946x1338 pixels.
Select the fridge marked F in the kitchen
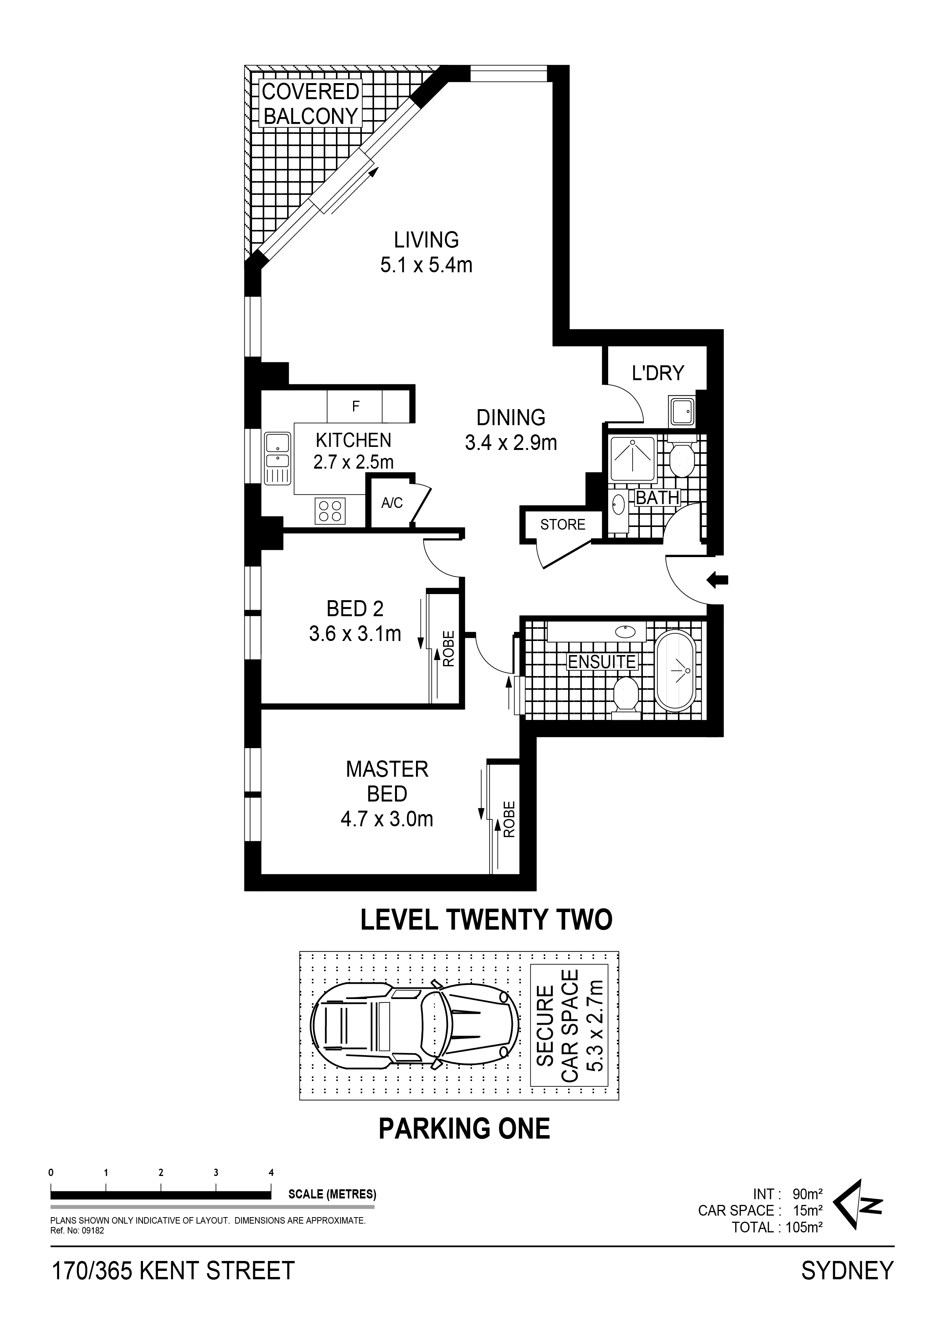click(355, 406)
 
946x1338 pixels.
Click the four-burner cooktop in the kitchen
click(330, 511)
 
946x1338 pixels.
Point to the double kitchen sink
click(278, 459)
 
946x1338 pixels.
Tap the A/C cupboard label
click(392, 502)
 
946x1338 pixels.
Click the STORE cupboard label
click(562, 524)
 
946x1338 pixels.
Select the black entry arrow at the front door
click(718, 579)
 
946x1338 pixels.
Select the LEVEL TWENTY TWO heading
click(487, 920)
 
